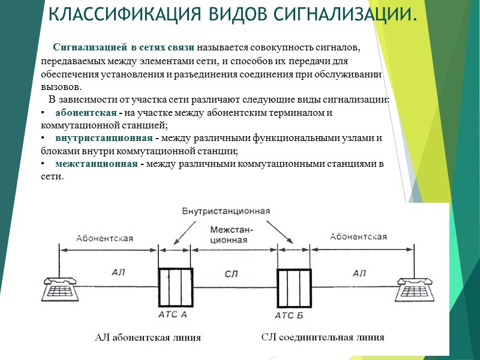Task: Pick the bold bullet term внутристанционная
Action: click(104, 138)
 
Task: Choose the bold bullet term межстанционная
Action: click(96, 164)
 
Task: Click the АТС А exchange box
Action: click(174, 287)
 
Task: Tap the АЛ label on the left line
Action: click(118, 273)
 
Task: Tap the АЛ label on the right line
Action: click(359, 273)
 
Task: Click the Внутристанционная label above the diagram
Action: click(226, 211)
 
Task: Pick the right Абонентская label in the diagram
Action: click(358, 236)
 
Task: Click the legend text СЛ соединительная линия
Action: click(323, 337)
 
